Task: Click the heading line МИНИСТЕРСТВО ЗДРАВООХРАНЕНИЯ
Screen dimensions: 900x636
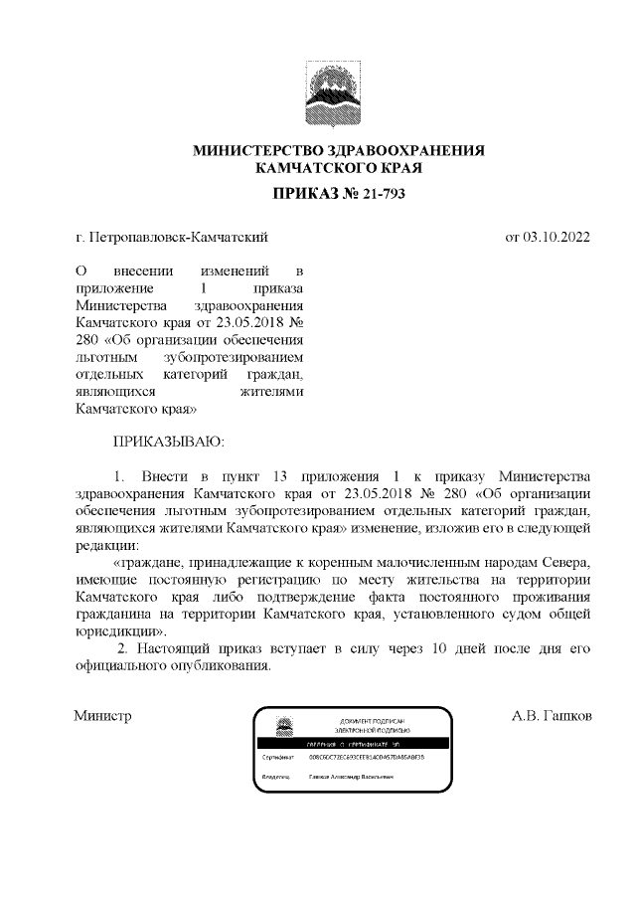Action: (x=338, y=150)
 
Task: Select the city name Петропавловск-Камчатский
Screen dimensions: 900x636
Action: (x=179, y=238)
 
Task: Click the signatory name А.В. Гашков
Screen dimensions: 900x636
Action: (x=552, y=715)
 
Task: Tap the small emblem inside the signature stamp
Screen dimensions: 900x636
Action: (x=283, y=726)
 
